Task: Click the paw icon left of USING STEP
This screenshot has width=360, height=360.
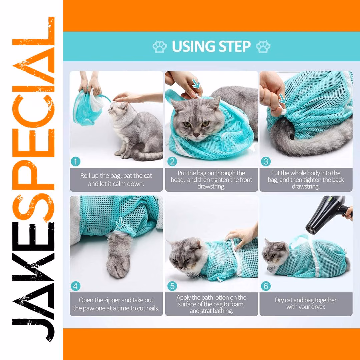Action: coord(160,47)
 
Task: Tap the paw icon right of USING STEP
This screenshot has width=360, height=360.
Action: coord(263,47)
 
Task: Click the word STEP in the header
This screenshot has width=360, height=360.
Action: coord(234,46)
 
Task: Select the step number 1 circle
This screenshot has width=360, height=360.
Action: coord(76,161)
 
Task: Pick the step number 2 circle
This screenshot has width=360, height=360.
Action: coord(172,161)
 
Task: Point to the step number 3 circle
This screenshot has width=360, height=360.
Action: coord(266,161)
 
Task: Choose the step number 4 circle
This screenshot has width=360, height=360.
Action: coord(76,286)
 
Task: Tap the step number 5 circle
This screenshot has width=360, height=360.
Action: coord(172,286)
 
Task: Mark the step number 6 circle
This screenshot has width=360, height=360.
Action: coord(266,286)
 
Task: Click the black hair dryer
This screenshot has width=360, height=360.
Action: coord(326,214)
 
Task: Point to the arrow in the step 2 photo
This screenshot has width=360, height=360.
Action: coord(196,84)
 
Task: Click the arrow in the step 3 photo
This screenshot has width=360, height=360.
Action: coord(283,99)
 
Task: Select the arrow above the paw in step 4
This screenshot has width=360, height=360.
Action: coord(120,223)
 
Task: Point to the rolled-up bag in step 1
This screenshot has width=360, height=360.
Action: coord(88,107)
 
